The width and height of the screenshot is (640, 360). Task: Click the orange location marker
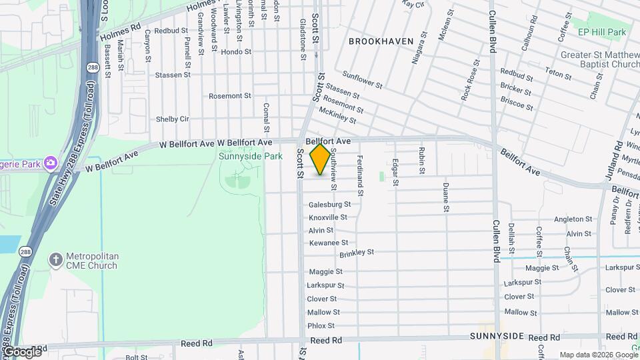pos(321,159)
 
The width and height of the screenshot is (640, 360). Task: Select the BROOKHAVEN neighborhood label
pos(381,41)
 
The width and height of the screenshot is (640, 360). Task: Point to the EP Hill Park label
pos(601,32)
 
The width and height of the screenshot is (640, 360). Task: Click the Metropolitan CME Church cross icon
pos(57,258)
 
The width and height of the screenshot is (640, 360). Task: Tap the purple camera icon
pos(50,163)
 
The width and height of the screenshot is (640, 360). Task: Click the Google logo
pos(22,351)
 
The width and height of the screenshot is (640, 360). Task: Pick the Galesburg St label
pos(329,204)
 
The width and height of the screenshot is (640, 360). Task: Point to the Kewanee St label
pos(329,243)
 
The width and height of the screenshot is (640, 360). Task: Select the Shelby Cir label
pos(173,119)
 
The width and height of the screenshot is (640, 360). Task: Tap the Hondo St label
pos(236,51)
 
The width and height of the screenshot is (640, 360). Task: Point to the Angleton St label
pos(573,219)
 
